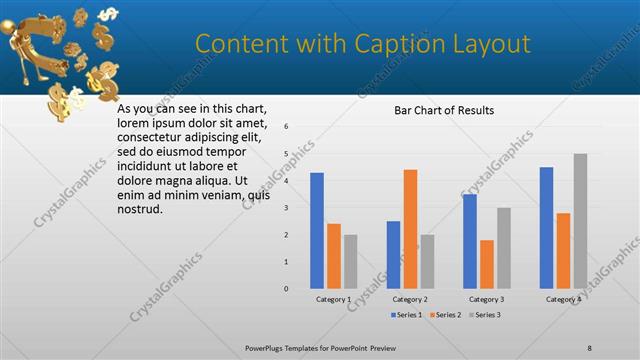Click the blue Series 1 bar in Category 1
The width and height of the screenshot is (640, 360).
click(x=317, y=231)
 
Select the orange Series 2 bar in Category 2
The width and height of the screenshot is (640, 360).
click(x=410, y=229)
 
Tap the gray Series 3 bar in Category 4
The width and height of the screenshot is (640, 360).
click(x=580, y=221)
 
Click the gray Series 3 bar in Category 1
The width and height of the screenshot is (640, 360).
click(x=350, y=262)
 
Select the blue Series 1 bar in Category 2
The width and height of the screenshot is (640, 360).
click(x=393, y=255)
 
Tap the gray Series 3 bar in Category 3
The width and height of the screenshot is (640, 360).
click(x=504, y=248)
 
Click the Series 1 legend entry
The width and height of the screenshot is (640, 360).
click(x=405, y=315)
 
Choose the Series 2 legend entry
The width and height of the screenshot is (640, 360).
click(x=445, y=315)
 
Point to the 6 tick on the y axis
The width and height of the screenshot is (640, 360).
click(x=286, y=127)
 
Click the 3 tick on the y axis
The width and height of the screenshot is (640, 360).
click(x=286, y=208)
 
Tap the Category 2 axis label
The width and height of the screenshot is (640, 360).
click(x=410, y=299)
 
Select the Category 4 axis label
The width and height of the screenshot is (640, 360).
click(x=563, y=299)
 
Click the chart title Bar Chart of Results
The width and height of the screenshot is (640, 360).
click(x=444, y=110)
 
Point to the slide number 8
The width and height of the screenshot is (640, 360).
click(x=589, y=347)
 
